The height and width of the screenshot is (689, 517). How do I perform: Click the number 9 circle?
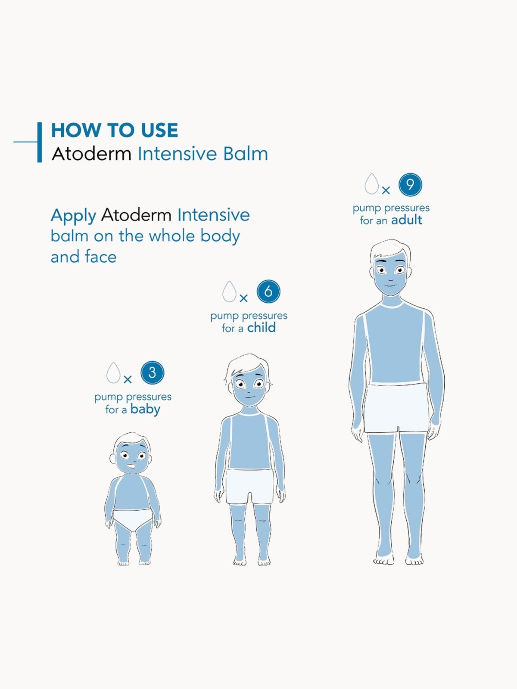pyautogui.click(x=410, y=185)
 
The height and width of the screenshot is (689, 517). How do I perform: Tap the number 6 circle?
pyautogui.click(x=268, y=291)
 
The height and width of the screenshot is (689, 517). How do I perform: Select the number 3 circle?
pyautogui.click(x=152, y=372)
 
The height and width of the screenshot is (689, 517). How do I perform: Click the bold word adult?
pyautogui.click(x=407, y=220)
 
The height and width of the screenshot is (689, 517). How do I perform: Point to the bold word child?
pyautogui.click(x=262, y=328)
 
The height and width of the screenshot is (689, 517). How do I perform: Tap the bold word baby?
pyautogui.click(x=145, y=410)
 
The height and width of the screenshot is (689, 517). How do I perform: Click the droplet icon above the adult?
pyautogui.click(x=372, y=183)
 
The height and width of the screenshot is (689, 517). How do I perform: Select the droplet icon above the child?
pyautogui.click(x=230, y=292)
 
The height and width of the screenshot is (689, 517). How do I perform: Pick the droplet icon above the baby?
pyautogui.click(x=113, y=373)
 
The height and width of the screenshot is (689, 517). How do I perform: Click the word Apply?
pyautogui.click(x=73, y=216)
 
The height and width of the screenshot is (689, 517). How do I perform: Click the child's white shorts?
pyautogui.click(x=249, y=487)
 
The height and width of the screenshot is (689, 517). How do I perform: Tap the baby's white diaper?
pyautogui.click(x=133, y=519)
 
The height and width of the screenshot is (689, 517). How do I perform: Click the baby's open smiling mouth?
pyautogui.click(x=131, y=467)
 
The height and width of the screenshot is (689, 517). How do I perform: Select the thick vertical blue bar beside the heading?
pyautogui.click(x=40, y=142)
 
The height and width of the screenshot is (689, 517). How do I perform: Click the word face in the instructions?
pyautogui.click(x=101, y=257)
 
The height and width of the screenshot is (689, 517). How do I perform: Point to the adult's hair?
pyautogui.click(x=390, y=249)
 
